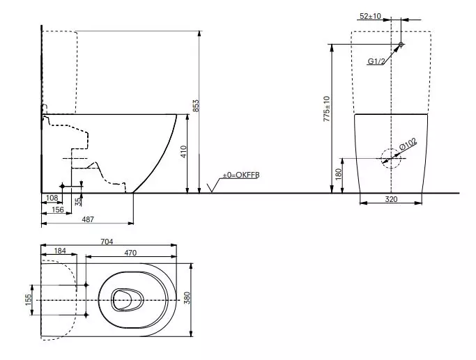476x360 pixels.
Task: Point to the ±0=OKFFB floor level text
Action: click(x=240, y=175)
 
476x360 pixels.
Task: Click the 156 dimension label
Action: click(x=58, y=210)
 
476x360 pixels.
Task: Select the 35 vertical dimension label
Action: click(x=78, y=201)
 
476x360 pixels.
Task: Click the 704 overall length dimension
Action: click(x=107, y=242)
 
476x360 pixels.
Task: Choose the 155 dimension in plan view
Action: click(x=29, y=299)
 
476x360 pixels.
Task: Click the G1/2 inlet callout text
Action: click(x=377, y=61)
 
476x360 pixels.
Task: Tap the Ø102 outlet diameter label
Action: click(x=408, y=146)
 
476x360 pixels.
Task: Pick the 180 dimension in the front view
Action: click(x=339, y=173)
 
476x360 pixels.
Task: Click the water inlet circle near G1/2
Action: click(x=401, y=45)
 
